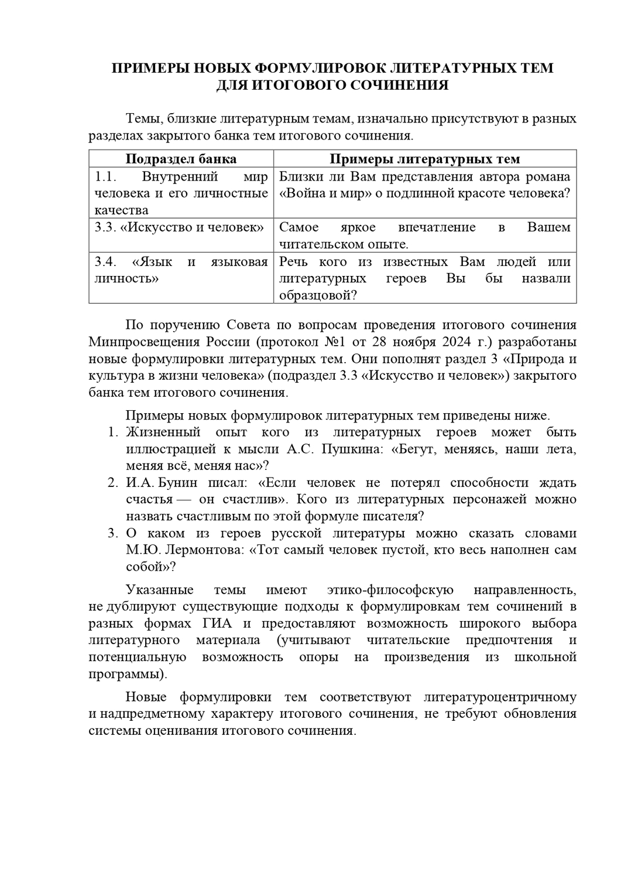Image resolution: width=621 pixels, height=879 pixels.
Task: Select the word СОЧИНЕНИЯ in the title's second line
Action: click(400, 86)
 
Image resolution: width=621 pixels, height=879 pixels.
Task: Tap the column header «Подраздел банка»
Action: click(181, 159)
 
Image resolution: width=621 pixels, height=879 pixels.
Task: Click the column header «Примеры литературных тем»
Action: click(424, 159)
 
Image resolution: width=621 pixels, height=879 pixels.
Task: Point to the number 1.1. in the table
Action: click(103, 176)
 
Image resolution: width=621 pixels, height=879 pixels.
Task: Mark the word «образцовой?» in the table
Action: click(317, 295)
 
